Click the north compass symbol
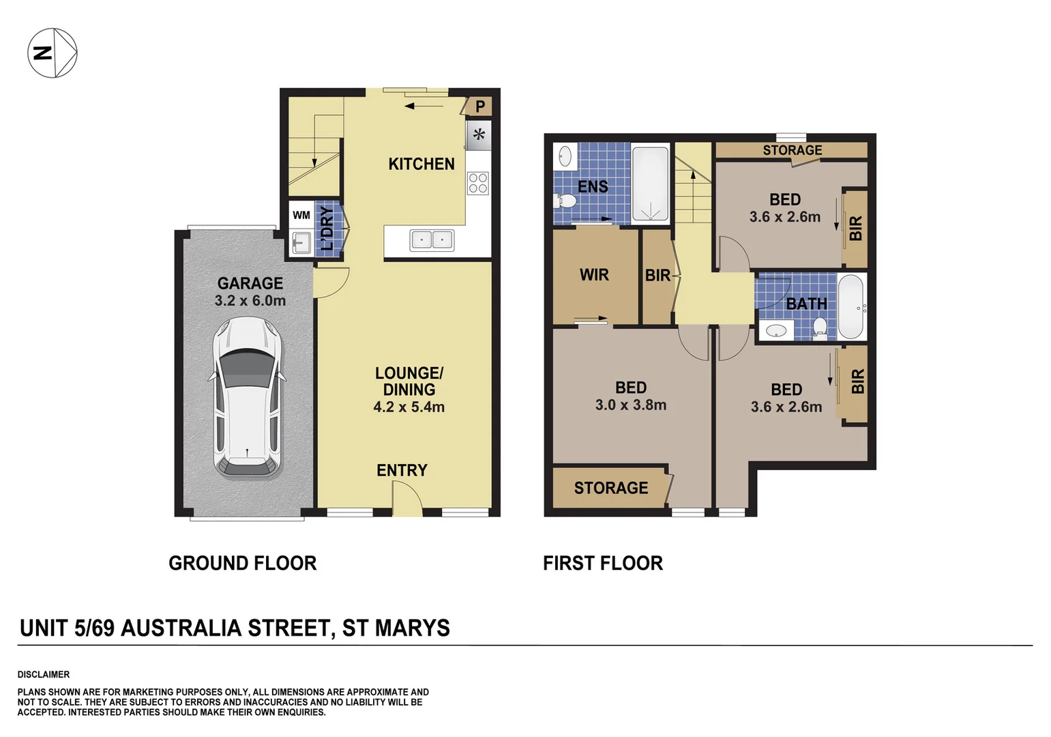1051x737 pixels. (53, 53)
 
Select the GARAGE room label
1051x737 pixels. (250, 283)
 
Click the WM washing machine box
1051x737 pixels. (301, 215)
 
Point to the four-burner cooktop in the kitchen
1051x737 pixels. (478, 183)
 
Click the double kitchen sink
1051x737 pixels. (432, 240)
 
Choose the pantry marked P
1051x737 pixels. (479, 106)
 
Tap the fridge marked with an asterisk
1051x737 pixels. (479, 135)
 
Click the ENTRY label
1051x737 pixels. (402, 470)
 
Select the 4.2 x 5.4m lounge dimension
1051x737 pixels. (409, 407)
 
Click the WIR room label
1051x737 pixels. (594, 275)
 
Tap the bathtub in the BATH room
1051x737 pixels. (851, 307)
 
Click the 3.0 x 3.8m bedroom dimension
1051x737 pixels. (631, 405)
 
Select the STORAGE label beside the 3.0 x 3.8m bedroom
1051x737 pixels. (611, 488)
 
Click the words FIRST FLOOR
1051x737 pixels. (603, 564)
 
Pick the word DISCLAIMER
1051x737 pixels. (44, 674)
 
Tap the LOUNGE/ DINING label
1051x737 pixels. (409, 381)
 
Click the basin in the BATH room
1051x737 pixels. (776, 332)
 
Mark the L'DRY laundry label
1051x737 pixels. (328, 228)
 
